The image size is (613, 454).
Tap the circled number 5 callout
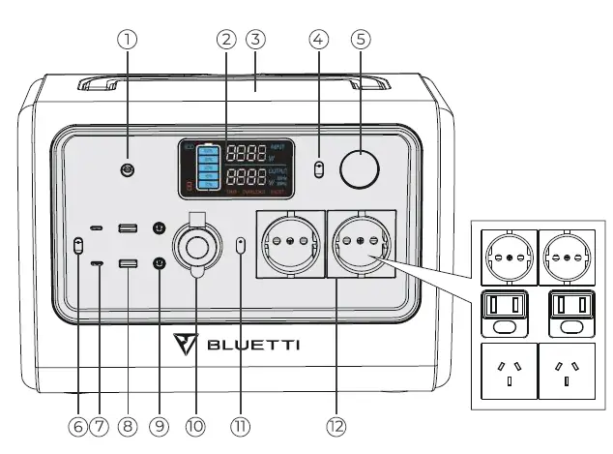point(362,40)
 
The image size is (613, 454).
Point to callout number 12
point(336,425)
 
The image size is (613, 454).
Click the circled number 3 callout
point(255,40)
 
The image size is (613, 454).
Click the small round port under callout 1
point(127,171)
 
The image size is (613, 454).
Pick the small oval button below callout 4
point(320,170)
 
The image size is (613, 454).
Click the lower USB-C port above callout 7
point(97,263)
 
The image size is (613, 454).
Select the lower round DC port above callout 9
point(160,262)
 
